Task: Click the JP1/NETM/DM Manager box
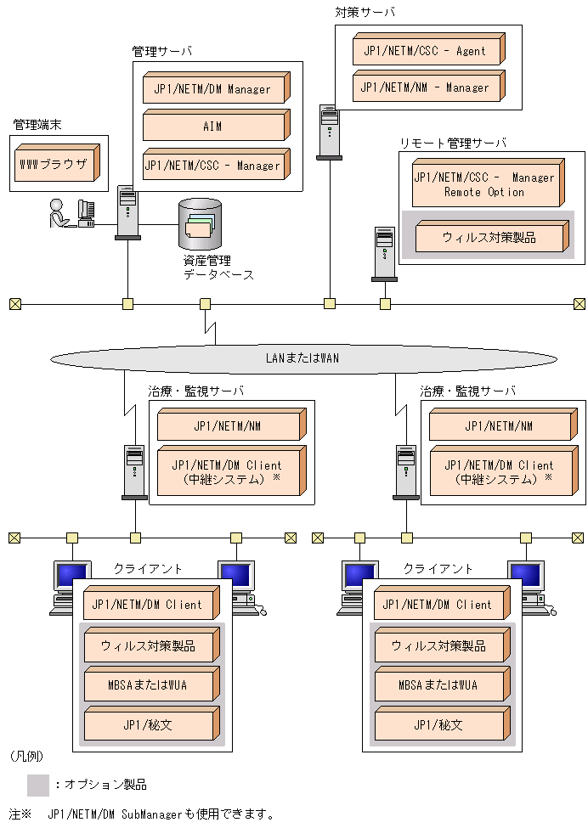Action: [x=212, y=89]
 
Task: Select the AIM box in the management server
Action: [x=212, y=127]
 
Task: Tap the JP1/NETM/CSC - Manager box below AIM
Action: [x=212, y=166]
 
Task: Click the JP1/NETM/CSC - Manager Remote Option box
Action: [x=484, y=185]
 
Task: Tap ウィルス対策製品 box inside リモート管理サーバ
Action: [x=489, y=238]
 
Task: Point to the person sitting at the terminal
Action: [x=57, y=213]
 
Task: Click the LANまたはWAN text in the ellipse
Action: [x=302, y=358]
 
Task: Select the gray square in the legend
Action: [x=38, y=784]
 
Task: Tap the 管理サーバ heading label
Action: [x=161, y=51]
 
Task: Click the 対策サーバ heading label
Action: [x=365, y=13]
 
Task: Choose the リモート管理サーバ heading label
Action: [x=452, y=143]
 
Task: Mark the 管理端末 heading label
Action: [x=37, y=124]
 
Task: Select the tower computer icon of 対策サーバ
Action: [x=329, y=131]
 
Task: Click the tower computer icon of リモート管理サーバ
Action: [x=384, y=253]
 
